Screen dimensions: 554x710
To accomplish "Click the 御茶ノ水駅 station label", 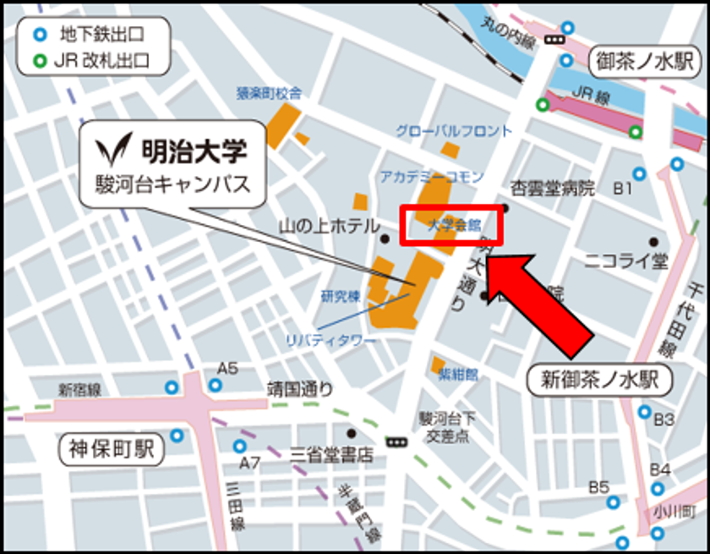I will tap(643, 61).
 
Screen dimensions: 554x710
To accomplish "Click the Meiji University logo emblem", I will tap(111, 151).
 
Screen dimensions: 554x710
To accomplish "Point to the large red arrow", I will tap(542, 297).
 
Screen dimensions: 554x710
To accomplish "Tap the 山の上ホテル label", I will tap(329, 226).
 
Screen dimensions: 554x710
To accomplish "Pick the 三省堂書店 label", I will tap(330, 455).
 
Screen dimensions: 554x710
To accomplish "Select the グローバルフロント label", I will tap(454, 131).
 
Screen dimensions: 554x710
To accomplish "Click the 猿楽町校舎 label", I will tap(269, 93).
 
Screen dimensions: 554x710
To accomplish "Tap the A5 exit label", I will tap(227, 368).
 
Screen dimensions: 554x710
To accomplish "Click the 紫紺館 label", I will tap(458, 373).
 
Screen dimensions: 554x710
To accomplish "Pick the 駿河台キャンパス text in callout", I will tap(173, 184).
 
